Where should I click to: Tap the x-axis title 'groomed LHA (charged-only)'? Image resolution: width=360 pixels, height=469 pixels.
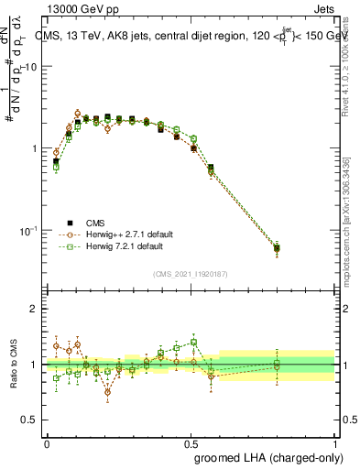[x=265, y=455]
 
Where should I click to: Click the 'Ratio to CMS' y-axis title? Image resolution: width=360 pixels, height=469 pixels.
[x=16, y=365]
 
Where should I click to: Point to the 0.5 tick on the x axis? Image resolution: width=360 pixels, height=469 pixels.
[x=191, y=442]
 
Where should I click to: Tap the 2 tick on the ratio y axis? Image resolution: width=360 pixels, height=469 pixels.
[x=35, y=309]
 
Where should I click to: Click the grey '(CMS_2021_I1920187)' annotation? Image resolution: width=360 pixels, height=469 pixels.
[x=191, y=273]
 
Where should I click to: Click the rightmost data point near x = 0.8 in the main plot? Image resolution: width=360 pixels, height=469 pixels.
[x=278, y=248]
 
